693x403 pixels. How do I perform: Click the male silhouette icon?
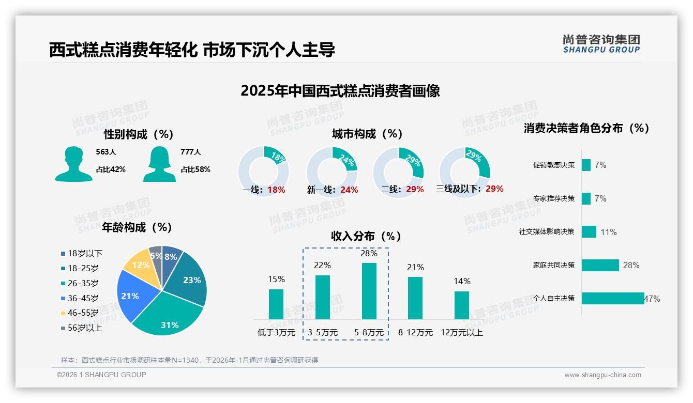click(73, 164)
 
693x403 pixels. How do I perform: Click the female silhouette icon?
click(159, 164)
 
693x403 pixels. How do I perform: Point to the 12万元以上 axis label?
click(461, 333)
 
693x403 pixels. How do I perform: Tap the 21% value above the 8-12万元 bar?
click(415, 267)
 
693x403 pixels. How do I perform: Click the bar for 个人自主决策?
click(613, 298)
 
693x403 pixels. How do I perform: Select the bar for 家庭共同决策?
click(600, 265)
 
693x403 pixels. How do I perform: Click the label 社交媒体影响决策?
click(547, 232)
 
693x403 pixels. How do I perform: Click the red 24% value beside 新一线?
click(349, 190)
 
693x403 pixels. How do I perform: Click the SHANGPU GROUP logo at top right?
click(601, 43)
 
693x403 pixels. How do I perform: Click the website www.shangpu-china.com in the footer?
click(602, 375)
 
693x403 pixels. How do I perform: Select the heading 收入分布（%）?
click(366, 236)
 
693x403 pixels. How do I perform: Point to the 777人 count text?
click(191, 152)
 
